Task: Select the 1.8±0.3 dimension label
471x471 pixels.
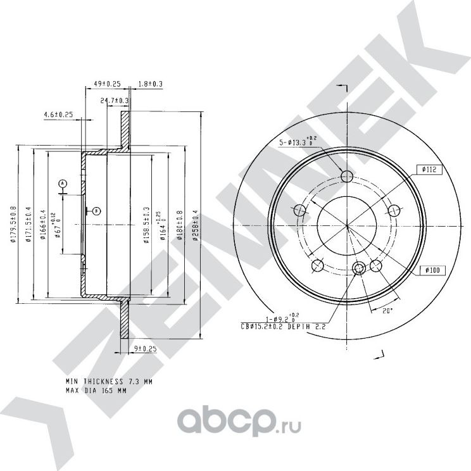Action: pyautogui.click(x=151, y=84)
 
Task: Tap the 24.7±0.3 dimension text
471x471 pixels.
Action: pyautogui.click(x=115, y=101)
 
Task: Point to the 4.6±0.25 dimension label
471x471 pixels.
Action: pyautogui.click(x=59, y=114)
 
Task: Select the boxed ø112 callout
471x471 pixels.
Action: pyautogui.click(x=428, y=169)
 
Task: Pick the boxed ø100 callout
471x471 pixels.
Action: pyautogui.click(x=432, y=270)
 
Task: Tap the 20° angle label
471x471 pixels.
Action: pyautogui.click(x=388, y=310)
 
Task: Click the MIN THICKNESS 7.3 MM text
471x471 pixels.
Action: pyautogui.click(x=109, y=382)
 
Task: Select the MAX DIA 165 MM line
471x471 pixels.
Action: pyautogui.click(x=96, y=391)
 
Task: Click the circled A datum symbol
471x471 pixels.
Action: pyautogui.click(x=63, y=183)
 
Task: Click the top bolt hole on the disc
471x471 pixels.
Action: pyautogui.click(x=346, y=176)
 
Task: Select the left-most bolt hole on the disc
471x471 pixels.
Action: pyautogui.click(x=300, y=210)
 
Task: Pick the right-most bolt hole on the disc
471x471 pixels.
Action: pyautogui.click(x=392, y=210)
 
